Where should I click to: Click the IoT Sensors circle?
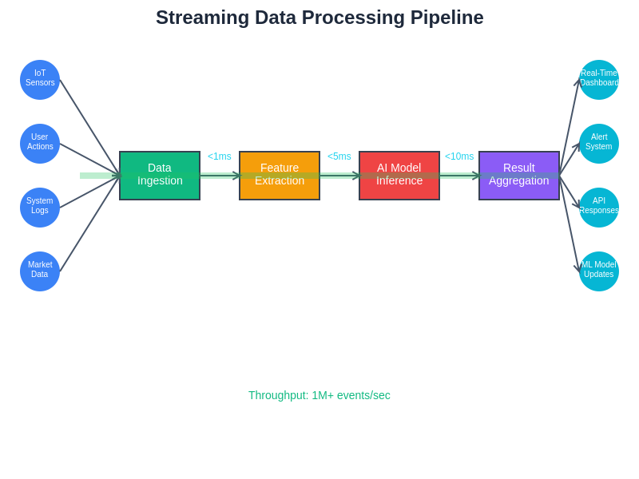pyautogui.click(x=40, y=80)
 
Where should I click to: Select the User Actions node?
pyautogui.click(x=40, y=144)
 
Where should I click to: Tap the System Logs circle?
pyautogui.click(x=40, y=208)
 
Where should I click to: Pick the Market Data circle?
pyautogui.click(x=40, y=271)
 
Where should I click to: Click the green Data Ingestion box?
pyautogui.click(x=160, y=176)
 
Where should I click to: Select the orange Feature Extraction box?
pyautogui.click(x=280, y=176)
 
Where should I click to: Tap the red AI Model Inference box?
pyautogui.click(x=399, y=176)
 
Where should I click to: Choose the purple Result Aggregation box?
pyautogui.click(x=519, y=176)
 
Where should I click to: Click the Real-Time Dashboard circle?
pyautogui.click(x=599, y=80)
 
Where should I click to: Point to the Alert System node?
pyautogui.click(x=599, y=144)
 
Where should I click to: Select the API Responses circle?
pyautogui.click(x=599, y=208)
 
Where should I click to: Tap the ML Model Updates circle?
pyautogui.click(x=599, y=271)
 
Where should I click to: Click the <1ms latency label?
pyautogui.click(x=220, y=156)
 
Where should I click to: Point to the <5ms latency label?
pyautogui.click(x=339, y=156)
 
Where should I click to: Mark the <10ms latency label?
pyautogui.click(x=459, y=156)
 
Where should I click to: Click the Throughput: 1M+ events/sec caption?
pyautogui.click(x=319, y=395)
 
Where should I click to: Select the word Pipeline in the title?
pyautogui.click(x=447, y=18)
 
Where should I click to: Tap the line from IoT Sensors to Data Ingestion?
pyautogui.click(x=89, y=128)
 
